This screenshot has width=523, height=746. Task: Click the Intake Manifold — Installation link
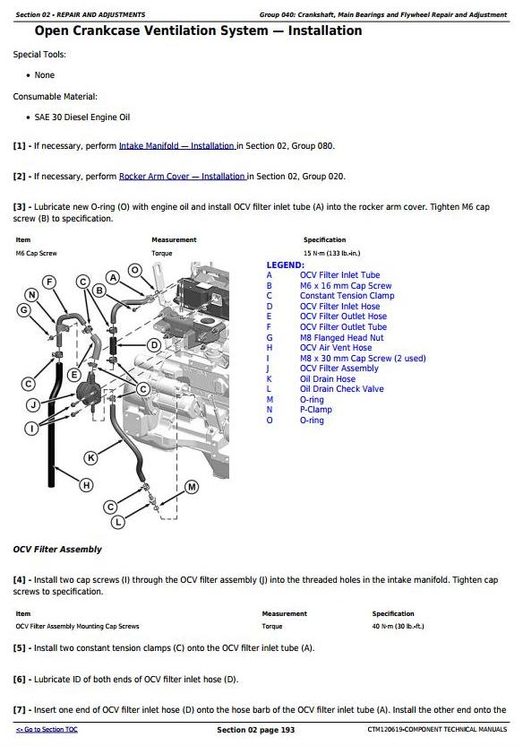point(176,146)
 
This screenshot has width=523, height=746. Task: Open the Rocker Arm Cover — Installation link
point(182,177)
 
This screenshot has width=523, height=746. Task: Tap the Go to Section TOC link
point(47,729)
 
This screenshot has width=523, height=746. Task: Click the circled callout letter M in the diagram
point(192,487)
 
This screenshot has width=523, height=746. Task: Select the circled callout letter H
point(86,485)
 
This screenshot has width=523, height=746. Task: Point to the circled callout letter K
point(90,458)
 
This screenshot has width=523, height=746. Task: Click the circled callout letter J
point(33,405)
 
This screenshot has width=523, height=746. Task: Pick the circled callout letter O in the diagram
point(135,270)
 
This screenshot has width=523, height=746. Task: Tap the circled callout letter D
point(154,345)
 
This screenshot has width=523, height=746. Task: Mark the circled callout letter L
point(118,523)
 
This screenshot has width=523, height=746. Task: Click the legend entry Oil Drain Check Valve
point(341,389)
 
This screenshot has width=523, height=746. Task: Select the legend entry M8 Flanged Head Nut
point(341,338)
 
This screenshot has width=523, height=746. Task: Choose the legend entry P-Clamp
point(316,410)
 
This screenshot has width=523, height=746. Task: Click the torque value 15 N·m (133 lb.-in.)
point(331,253)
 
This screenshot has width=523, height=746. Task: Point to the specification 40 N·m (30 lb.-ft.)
point(398,626)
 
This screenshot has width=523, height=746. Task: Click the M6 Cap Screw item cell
point(36,253)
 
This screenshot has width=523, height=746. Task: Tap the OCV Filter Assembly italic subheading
point(57,550)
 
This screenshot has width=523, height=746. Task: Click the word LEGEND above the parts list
point(285,265)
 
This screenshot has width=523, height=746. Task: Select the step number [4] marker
point(19,580)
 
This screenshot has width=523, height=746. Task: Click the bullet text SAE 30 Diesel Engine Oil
point(82,117)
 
